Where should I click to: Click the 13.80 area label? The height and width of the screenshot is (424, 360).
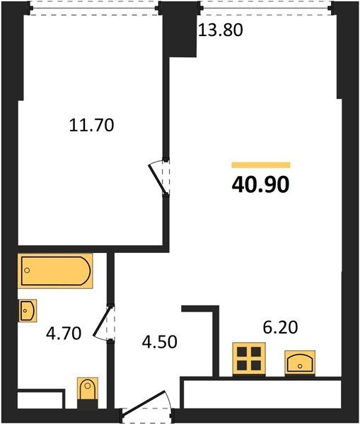pos(221,30)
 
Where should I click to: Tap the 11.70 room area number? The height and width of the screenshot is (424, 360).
pos(91,125)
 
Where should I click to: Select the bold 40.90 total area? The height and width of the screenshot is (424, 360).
pos(261,185)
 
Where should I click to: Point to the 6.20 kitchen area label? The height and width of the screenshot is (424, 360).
pos(280,327)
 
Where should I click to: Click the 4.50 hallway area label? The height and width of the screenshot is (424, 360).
pos(160,341)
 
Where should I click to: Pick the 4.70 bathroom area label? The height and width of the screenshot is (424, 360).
pos(64,333)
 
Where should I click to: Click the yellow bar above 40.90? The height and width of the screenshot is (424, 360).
pos(261,165)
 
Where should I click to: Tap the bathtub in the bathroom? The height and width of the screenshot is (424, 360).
pos(55,271)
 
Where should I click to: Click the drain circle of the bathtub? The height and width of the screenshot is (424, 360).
pos(27,270)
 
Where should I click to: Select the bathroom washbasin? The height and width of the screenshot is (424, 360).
pos(28,310)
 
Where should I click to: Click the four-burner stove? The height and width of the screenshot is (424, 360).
pos(249,359)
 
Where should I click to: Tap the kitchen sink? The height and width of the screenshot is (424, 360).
pos(300,363)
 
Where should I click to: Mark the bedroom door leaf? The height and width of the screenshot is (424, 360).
pos(156,179)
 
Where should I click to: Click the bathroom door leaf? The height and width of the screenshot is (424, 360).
pos(103,322)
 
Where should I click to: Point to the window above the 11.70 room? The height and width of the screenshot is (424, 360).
pos(93,8)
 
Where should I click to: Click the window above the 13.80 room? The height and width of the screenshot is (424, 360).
pos(267,8)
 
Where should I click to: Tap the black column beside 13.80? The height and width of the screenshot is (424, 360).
pos(180,30)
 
